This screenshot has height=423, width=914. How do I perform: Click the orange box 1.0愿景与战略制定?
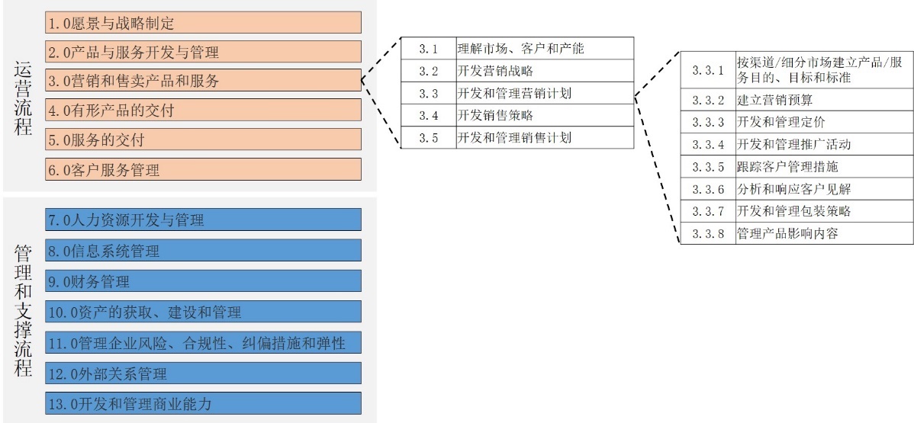coord(203,23)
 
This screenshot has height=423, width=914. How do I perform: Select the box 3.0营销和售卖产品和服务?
coord(203,80)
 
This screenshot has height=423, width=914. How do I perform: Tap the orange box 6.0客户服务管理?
coord(203,169)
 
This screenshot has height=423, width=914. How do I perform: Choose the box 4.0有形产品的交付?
coord(203,110)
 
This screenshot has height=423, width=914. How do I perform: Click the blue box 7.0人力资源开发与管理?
coord(203,220)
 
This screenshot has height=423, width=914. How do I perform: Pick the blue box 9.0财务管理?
coord(203,281)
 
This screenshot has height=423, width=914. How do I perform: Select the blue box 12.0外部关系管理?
coord(203,373)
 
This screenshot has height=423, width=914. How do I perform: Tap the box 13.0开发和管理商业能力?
coord(203,403)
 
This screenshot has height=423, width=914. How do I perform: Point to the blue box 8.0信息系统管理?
coord(203,251)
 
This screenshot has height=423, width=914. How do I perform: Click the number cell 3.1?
coord(428,49)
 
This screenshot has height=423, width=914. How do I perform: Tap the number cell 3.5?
coord(428,138)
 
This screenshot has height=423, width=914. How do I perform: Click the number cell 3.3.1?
coord(707,70)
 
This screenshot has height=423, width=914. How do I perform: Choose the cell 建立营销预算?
coord(823,100)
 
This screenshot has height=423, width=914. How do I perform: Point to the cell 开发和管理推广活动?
coord(823,144)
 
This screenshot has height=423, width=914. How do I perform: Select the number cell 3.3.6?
coord(707,189)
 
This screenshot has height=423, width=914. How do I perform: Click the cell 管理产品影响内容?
coord(823,233)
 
